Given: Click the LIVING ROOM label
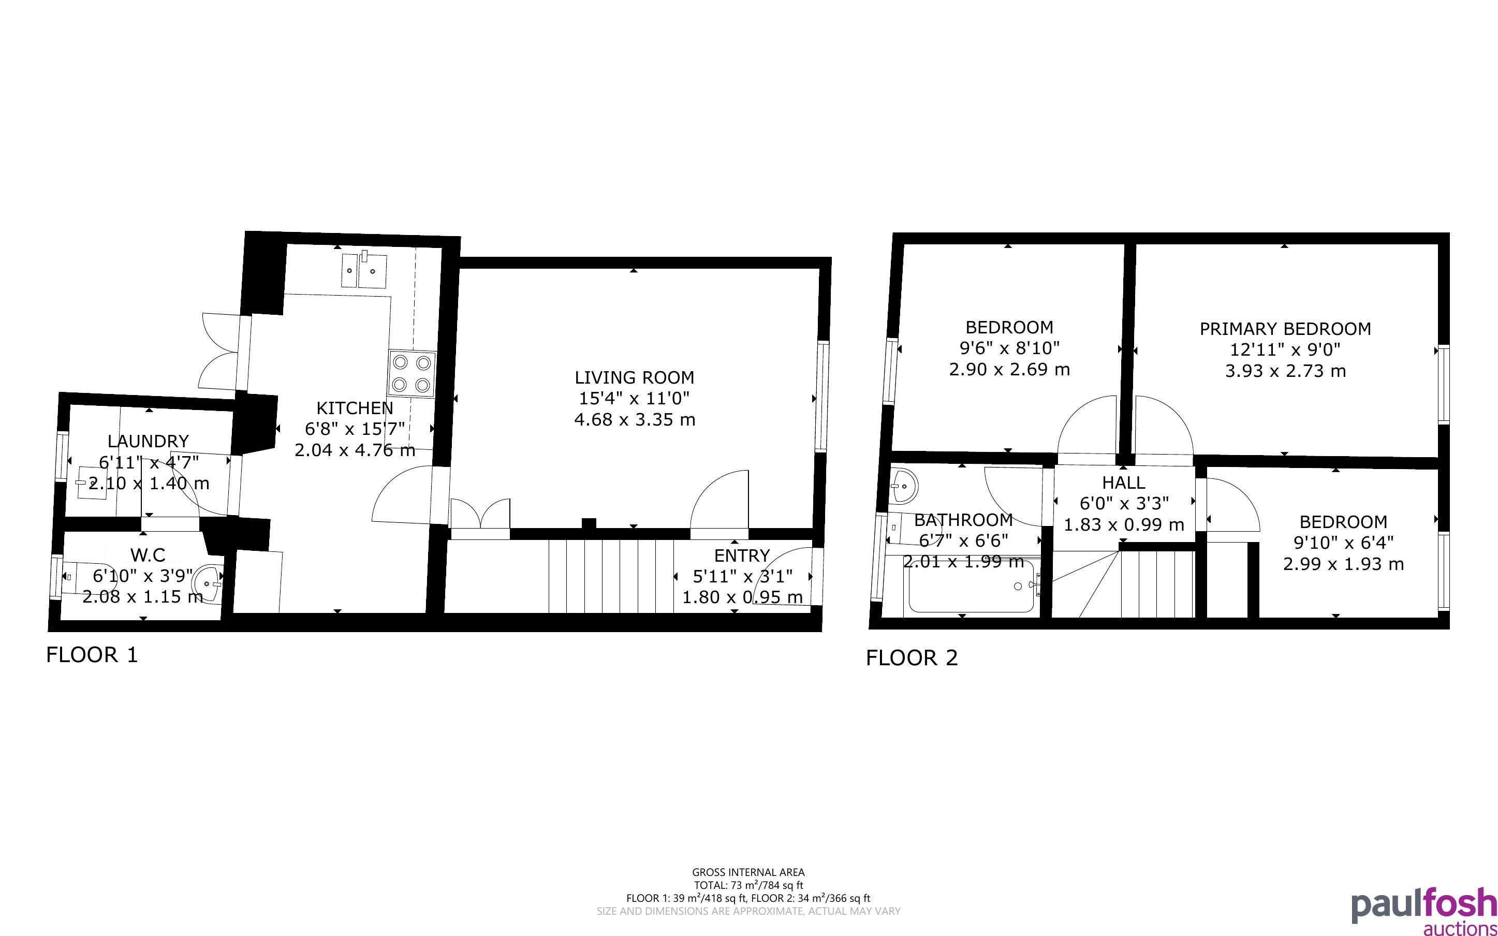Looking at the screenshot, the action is [634, 377].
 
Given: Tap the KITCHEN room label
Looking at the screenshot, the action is [355, 408].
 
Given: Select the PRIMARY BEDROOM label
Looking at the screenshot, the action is [1285, 329].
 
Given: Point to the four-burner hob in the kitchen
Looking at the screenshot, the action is [412, 373].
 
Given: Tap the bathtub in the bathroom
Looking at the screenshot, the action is [970, 586].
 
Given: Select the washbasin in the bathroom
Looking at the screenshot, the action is [904, 487].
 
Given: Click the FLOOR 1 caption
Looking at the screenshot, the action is [92, 655].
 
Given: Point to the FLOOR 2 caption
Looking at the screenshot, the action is [912, 657].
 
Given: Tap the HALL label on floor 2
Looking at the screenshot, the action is [1124, 482].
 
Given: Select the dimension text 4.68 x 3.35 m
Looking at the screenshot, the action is [635, 420].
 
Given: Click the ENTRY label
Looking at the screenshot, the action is [742, 555].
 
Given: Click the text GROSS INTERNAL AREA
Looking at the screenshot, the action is [748, 873].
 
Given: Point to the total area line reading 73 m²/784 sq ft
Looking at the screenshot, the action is [748, 885].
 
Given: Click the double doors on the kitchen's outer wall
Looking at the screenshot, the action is [221, 352].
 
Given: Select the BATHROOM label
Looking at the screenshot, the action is [963, 520].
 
